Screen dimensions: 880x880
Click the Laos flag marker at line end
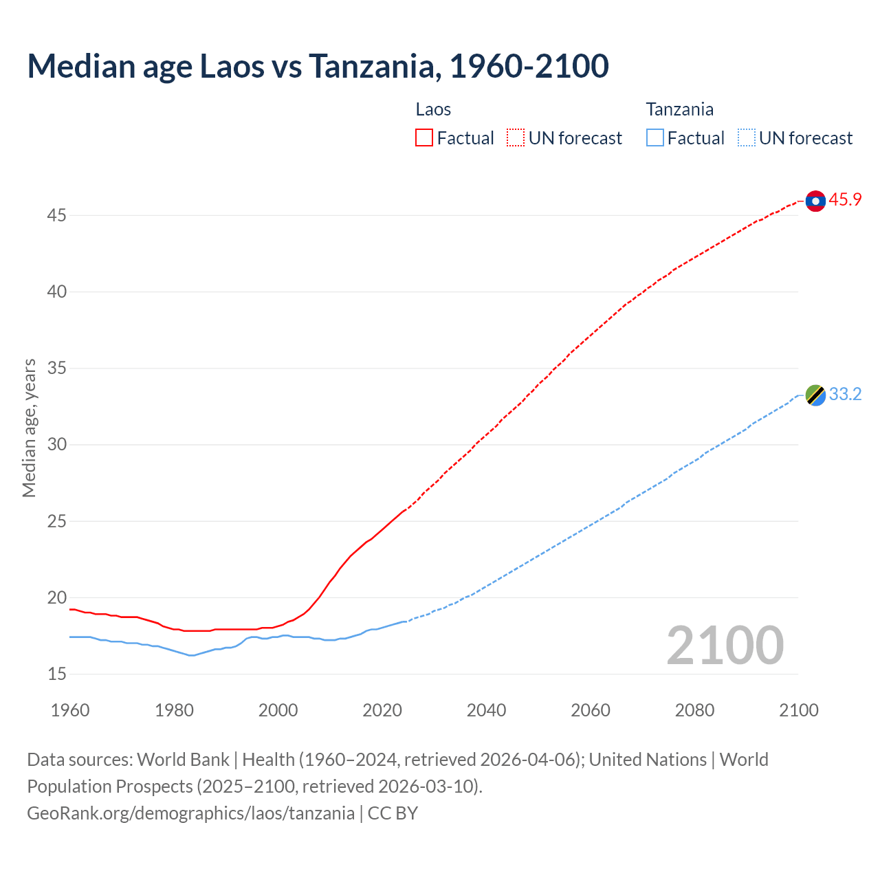[x=815, y=201]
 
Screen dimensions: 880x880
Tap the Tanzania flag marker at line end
[x=815, y=395]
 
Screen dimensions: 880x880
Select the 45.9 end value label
[x=845, y=200]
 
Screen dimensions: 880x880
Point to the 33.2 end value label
[x=845, y=395]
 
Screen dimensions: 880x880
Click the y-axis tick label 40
[x=56, y=292]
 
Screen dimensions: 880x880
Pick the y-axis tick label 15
[x=56, y=674]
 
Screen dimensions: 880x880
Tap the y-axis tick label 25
[x=56, y=522]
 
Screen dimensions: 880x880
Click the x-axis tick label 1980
[x=174, y=710]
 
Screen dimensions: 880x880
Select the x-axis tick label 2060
[x=591, y=710]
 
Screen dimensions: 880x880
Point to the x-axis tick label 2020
[x=382, y=710]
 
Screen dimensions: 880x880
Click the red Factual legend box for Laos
[x=424, y=138]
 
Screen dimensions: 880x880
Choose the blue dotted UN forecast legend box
[x=747, y=138]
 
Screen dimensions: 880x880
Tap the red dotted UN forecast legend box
[x=516, y=138]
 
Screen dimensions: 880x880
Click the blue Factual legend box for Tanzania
[x=655, y=138]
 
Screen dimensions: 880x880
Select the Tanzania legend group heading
[x=679, y=109]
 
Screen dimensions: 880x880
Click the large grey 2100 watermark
[x=725, y=646]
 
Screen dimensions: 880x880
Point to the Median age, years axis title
[x=29, y=428]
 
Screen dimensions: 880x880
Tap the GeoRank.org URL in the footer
[x=190, y=813]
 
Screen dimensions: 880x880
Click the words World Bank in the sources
[x=183, y=760]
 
